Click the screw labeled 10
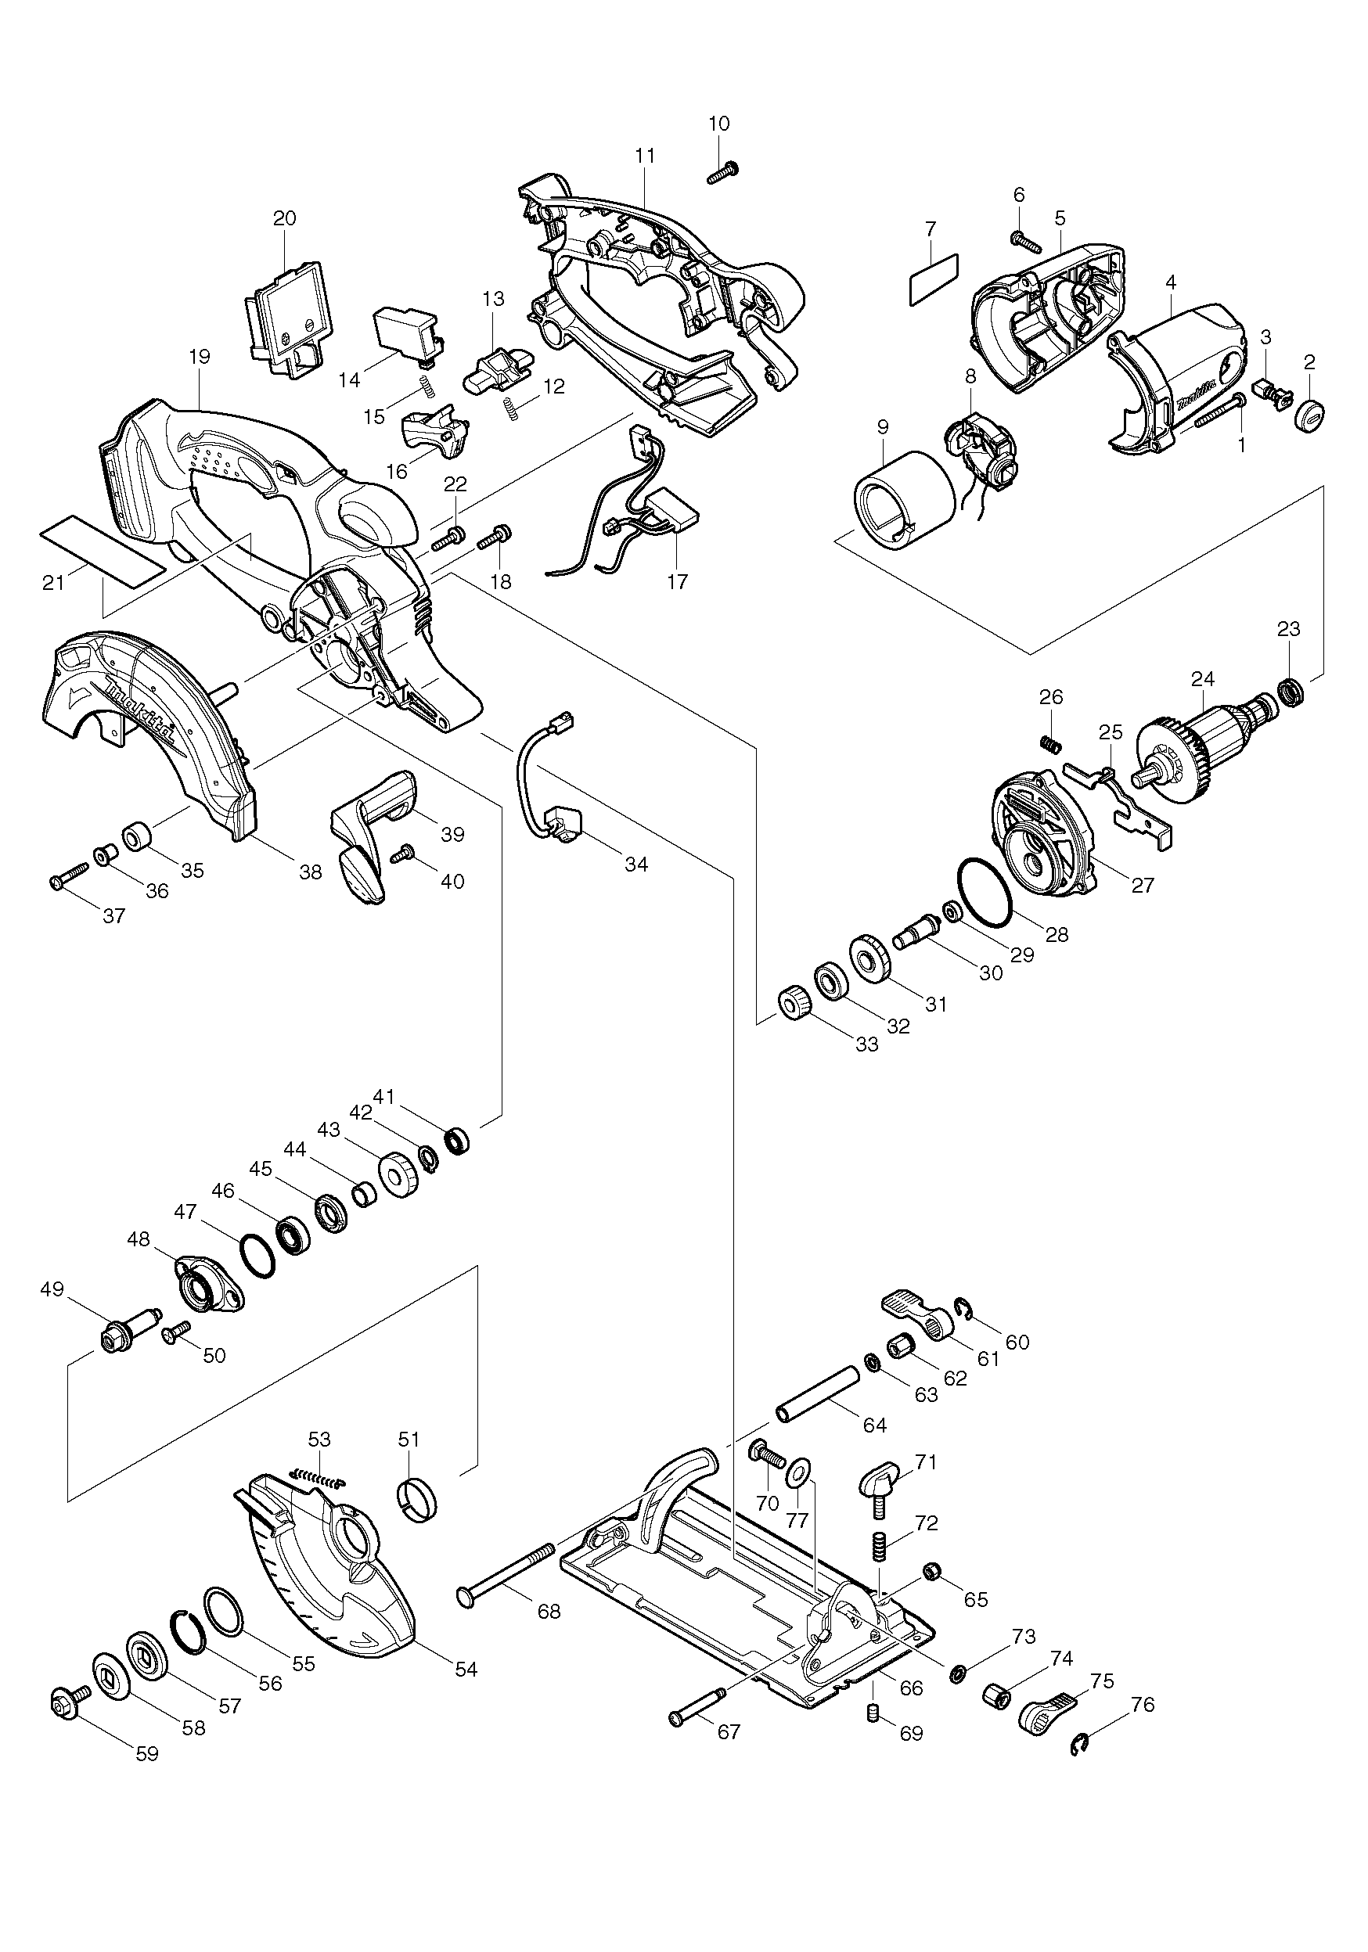[x=722, y=174]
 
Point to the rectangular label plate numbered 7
[x=934, y=277]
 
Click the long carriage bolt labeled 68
[x=506, y=1580]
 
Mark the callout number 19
[x=200, y=356]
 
